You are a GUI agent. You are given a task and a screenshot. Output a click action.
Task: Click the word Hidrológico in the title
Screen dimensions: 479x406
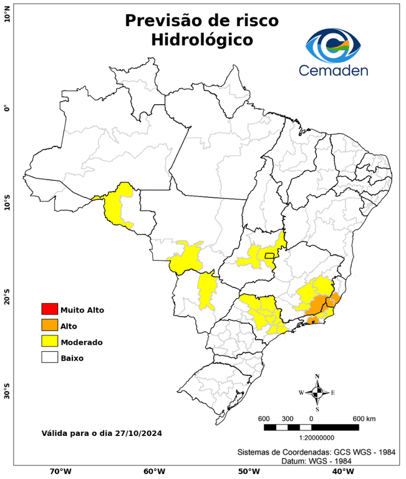coord(202,39)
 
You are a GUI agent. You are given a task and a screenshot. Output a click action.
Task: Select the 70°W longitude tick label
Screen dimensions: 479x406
coord(60,472)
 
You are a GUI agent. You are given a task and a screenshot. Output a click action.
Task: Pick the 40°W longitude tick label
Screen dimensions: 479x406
coord(341,472)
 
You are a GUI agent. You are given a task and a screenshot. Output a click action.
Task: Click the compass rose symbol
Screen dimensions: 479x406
coord(317,392)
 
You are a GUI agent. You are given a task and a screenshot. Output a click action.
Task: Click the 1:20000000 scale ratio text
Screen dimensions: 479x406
coord(311,438)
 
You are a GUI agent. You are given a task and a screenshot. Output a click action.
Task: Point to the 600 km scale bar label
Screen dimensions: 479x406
coord(364,418)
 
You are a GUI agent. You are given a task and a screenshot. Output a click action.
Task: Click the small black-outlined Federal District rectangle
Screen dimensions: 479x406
coord(269,255)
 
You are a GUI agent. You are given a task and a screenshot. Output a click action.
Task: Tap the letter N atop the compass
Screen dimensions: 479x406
coord(317,377)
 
